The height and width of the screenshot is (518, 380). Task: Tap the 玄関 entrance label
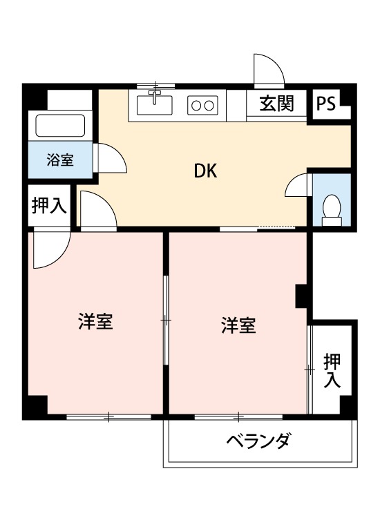(276, 104)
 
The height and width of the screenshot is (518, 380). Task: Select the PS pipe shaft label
(326, 104)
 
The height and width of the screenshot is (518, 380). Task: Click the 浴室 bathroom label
(59, 160)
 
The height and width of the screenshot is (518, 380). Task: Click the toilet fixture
(332, 209)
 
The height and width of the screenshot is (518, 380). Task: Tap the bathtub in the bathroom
(60, 126)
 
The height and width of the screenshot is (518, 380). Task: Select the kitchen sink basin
(155, 105)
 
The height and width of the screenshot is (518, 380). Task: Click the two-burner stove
(203, 105)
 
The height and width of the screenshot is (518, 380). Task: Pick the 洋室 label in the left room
(95, 322)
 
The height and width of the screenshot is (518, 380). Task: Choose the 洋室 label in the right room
(238, 325)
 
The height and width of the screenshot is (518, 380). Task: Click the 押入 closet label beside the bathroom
(48, 206)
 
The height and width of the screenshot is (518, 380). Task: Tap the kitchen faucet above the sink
(155, 93)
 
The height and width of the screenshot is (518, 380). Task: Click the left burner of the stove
(196, 105)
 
